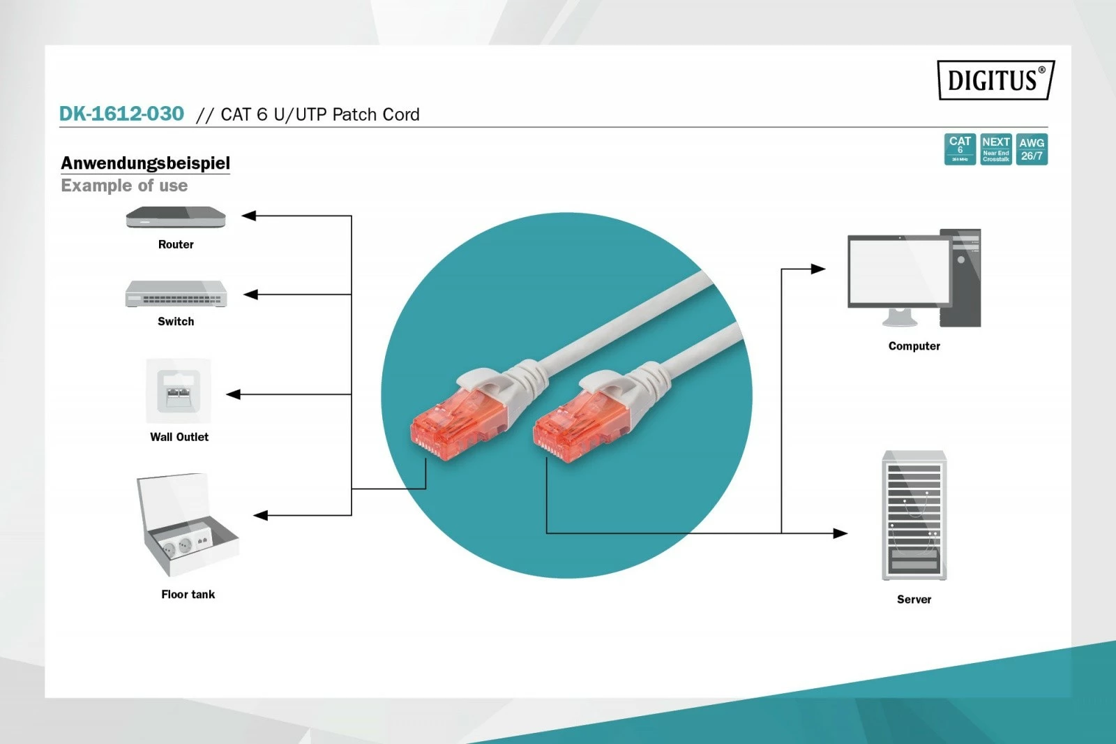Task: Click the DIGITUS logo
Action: point(995,80)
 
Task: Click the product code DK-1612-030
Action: point(121,114)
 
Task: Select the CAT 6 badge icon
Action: point(960,149)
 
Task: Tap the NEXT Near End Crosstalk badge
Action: point(996,149)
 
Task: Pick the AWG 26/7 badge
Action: point(1032,149)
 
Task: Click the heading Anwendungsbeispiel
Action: point(145,163)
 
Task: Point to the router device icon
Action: point(176,218)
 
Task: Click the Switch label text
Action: point(176,321)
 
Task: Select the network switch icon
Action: point(176,295)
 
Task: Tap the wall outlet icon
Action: point(179,391)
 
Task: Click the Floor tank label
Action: point(188,594)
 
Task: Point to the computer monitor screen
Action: point(899,271)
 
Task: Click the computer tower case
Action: point(961,278)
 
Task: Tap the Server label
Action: point(914,599)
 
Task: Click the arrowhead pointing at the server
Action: point(840,533)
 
